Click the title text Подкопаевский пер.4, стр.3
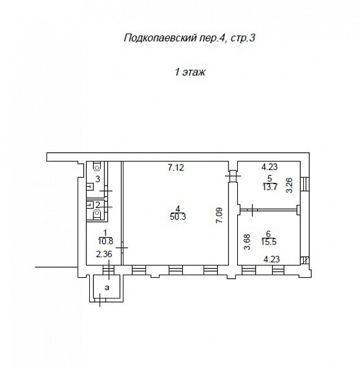189,38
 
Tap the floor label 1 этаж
190,72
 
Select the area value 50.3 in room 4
178,217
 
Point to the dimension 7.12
176,168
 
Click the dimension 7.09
219,215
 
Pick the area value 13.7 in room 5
270,187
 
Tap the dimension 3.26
290,185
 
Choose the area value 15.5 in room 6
269,242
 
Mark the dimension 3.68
247,242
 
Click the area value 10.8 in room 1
106,241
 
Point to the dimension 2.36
104,254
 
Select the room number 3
98,179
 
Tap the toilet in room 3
97,166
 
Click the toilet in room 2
97,214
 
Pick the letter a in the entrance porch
107,287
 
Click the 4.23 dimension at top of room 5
270,167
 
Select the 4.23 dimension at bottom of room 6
271,259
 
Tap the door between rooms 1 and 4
122,248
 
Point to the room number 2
98,205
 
